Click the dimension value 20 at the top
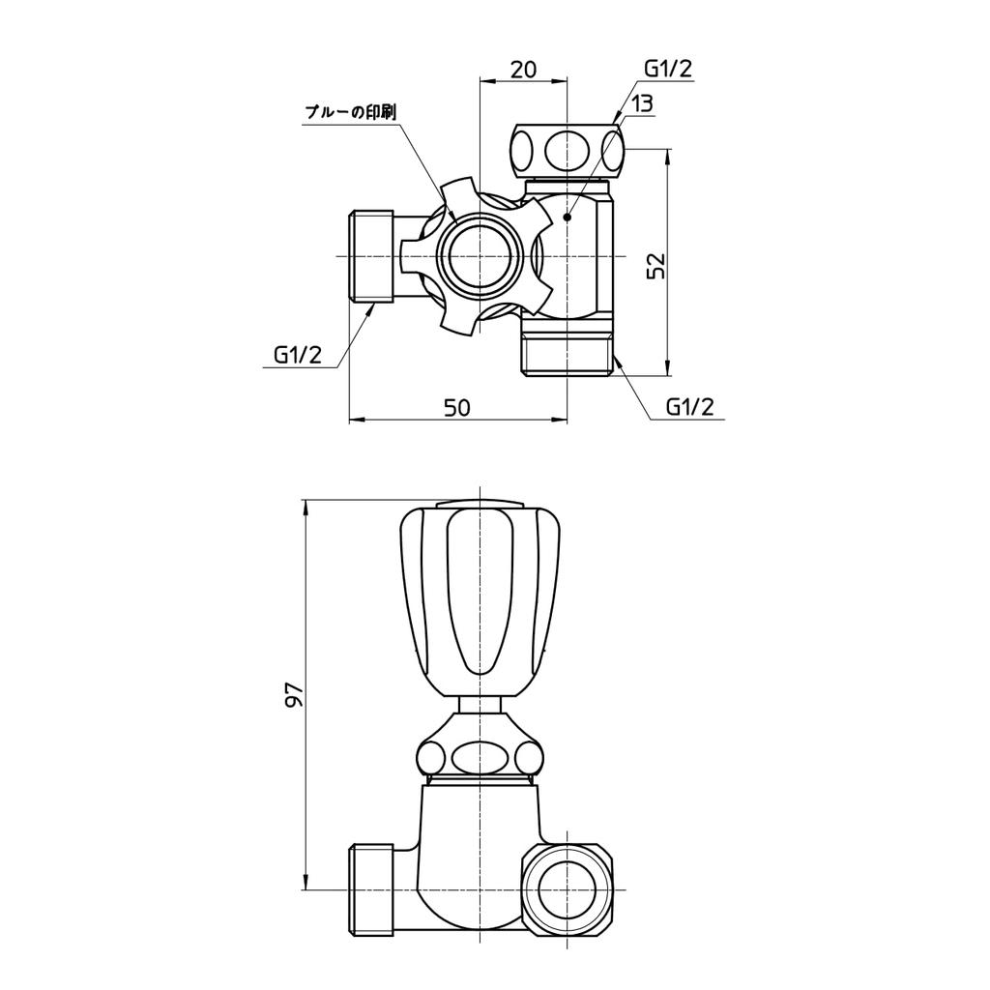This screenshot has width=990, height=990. click(523, 70)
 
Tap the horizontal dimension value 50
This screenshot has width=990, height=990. click(457, 407)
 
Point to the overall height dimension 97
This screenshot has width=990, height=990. click(294, 694)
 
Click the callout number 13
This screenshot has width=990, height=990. click(642, 103)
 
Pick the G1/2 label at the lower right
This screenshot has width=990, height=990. click(689, 406)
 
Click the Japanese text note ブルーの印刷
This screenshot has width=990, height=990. click(350, 113)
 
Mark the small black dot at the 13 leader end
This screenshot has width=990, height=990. click(568, 218)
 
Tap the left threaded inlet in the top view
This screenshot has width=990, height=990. click(369, 256)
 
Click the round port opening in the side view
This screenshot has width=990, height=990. click(567, 889)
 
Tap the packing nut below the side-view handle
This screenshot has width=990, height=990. click(479, 755)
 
